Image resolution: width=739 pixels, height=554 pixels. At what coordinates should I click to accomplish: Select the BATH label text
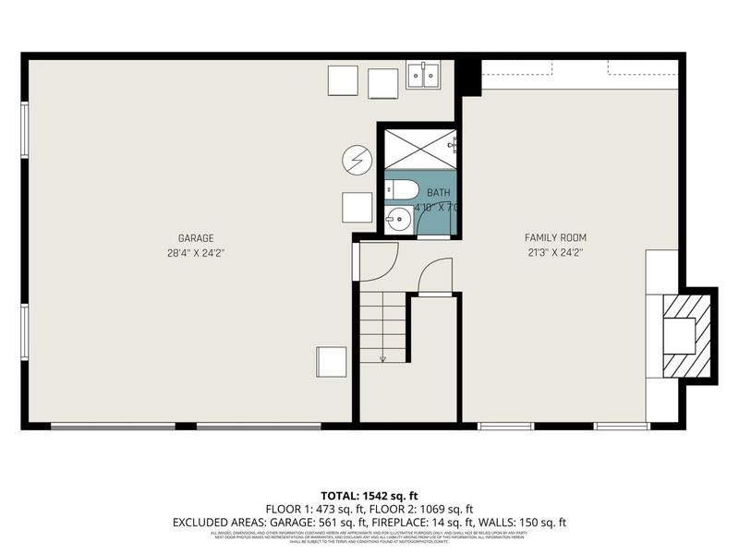point(439,192)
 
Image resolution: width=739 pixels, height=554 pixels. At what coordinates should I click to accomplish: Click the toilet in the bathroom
point(402,190)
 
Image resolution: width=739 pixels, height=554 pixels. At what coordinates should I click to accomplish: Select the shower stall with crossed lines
point(419,147)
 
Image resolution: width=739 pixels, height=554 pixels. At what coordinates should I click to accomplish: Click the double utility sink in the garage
point(424,76)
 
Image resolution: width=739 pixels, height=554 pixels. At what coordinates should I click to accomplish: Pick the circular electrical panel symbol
point(356,161)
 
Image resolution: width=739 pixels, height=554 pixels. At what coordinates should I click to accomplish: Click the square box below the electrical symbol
point(357,207)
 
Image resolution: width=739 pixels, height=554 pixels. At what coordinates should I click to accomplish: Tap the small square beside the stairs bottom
point(332,361)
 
